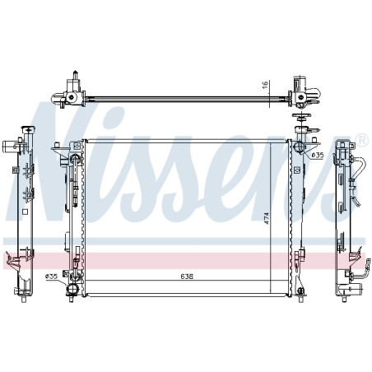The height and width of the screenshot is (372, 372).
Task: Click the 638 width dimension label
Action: click(187, 277)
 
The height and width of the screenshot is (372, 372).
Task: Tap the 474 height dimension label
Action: click(266, 218)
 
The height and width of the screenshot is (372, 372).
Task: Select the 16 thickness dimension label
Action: click(265, 85)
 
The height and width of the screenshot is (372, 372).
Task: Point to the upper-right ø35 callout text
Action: click(318, 156)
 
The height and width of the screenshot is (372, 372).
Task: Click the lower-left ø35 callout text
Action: click(51, 277)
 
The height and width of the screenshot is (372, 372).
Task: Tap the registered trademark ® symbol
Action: click(361, 139)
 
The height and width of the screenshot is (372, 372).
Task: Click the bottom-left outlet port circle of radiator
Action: click(72, 289)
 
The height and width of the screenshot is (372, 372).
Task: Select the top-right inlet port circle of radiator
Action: click(298, 146)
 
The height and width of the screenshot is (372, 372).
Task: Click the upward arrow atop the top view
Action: click(76, 75)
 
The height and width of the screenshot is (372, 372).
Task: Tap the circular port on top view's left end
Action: click(72, 96)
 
